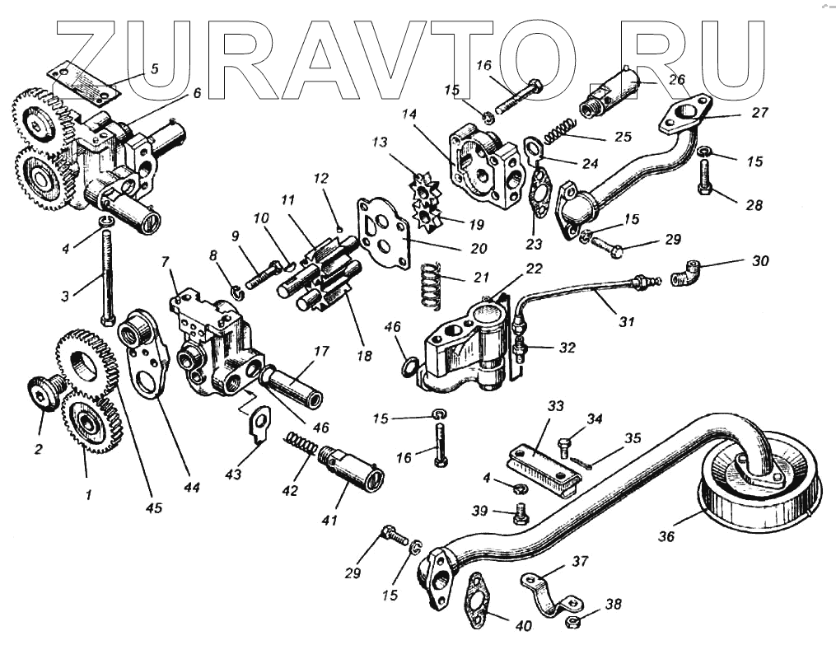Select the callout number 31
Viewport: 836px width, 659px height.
point(627,322)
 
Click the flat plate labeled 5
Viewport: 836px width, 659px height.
point(82,83)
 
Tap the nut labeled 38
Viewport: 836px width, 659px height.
point(572,620)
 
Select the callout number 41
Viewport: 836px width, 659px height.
point(330,521)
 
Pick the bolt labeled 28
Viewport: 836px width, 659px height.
point(705,177)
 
